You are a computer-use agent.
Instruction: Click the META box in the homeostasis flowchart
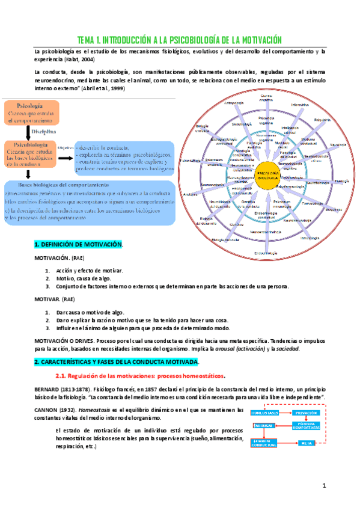pyautogui.click(x=307, y=443)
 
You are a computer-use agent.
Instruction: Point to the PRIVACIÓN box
pyautogui.click(x=307, y=414)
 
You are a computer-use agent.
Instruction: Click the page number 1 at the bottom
pyautogui.click(x=323, y=485)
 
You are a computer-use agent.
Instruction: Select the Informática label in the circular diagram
pyautogui.click(x=299, y=105)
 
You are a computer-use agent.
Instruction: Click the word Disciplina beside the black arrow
pyautogui.click(x=44, y=132)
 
